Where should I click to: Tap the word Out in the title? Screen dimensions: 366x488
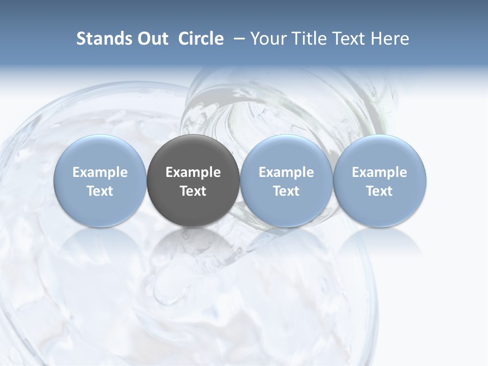[x=151, y=39]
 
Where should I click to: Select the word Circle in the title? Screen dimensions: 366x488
[x=201, y=39]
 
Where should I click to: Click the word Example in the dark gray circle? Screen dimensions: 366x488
[x=193, y=172]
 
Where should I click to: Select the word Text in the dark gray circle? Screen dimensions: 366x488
[x=193, y=191]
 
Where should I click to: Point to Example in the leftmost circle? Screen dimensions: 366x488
[x=100, y=172]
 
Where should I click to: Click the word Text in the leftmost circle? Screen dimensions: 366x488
[x=100, y=191]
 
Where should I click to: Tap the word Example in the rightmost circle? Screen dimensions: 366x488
[x=380, y=172]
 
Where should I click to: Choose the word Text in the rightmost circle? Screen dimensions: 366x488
[x=380, y=191]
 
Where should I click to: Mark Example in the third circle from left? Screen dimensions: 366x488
[x=286, y=172]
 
